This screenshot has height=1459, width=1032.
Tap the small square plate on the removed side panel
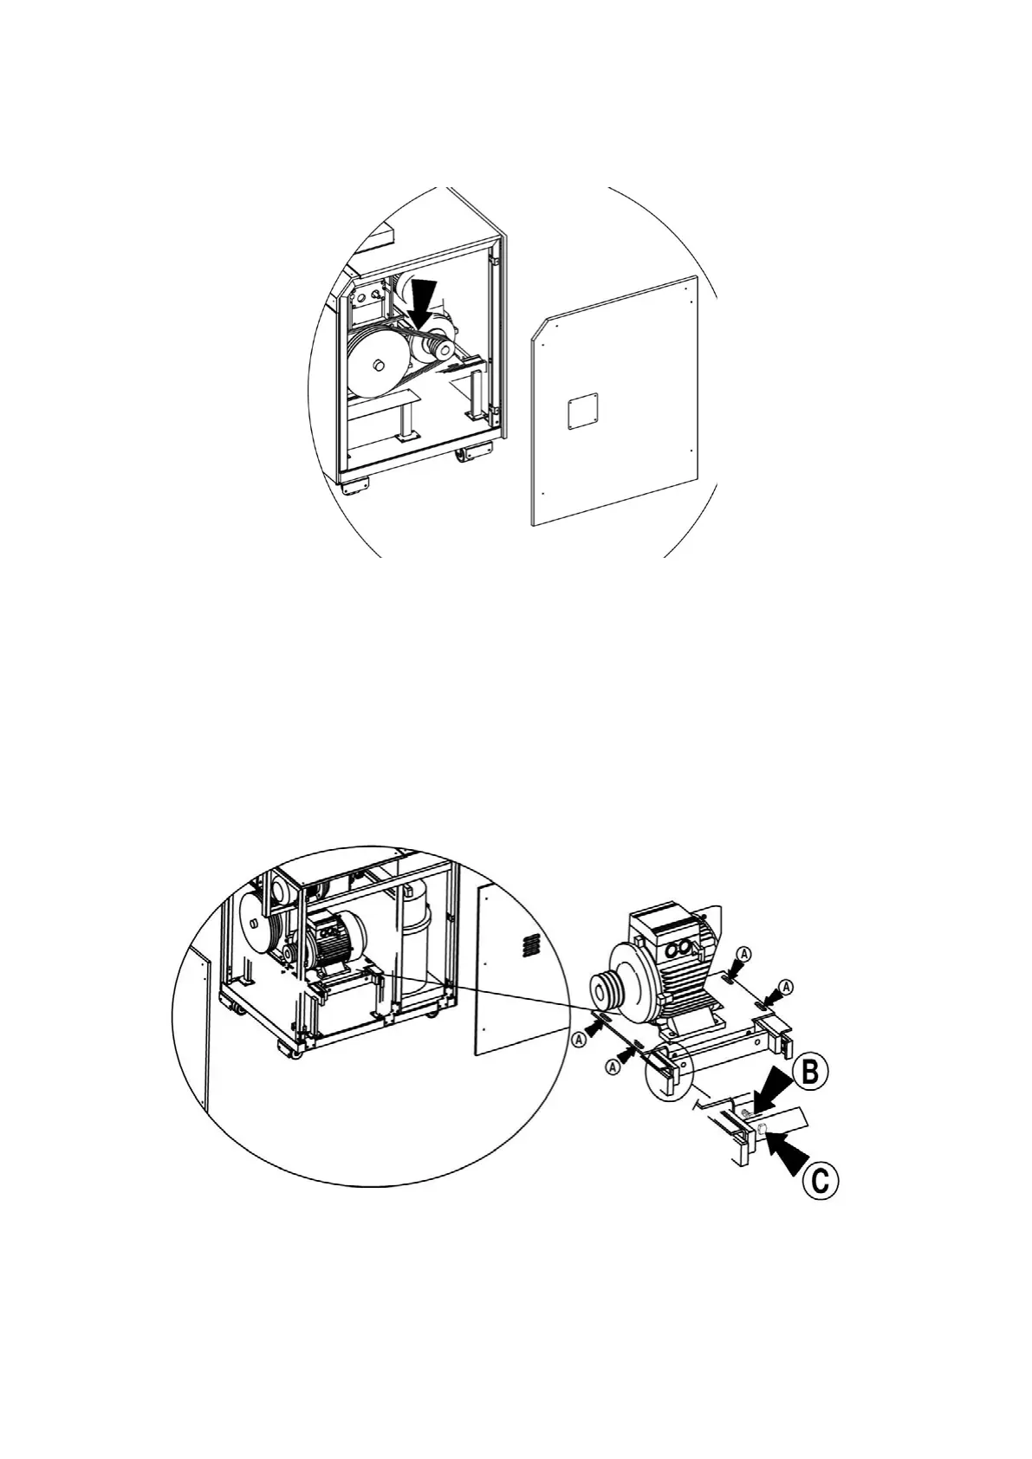(x=582, y=412)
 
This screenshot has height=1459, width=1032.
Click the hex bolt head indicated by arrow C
(x=763, y=1128)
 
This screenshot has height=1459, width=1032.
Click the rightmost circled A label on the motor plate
(x=786, y=986)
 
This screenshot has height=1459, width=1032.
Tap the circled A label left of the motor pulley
(x=578, y=1038)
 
